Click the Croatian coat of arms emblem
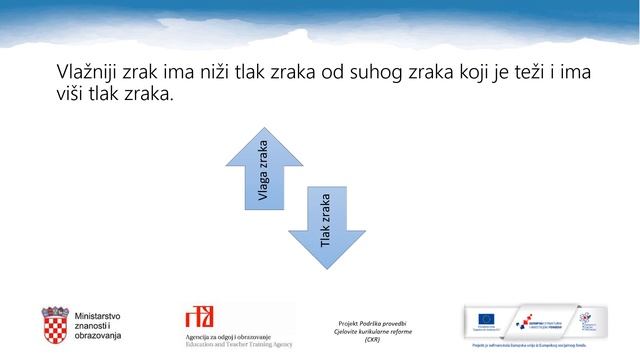(x=54, y=324)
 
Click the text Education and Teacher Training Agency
(x=239, y=343)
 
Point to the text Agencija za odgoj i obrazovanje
(x=238, y=336)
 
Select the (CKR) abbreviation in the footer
(x=373, y=339)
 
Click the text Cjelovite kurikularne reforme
(x=373, y=331)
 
